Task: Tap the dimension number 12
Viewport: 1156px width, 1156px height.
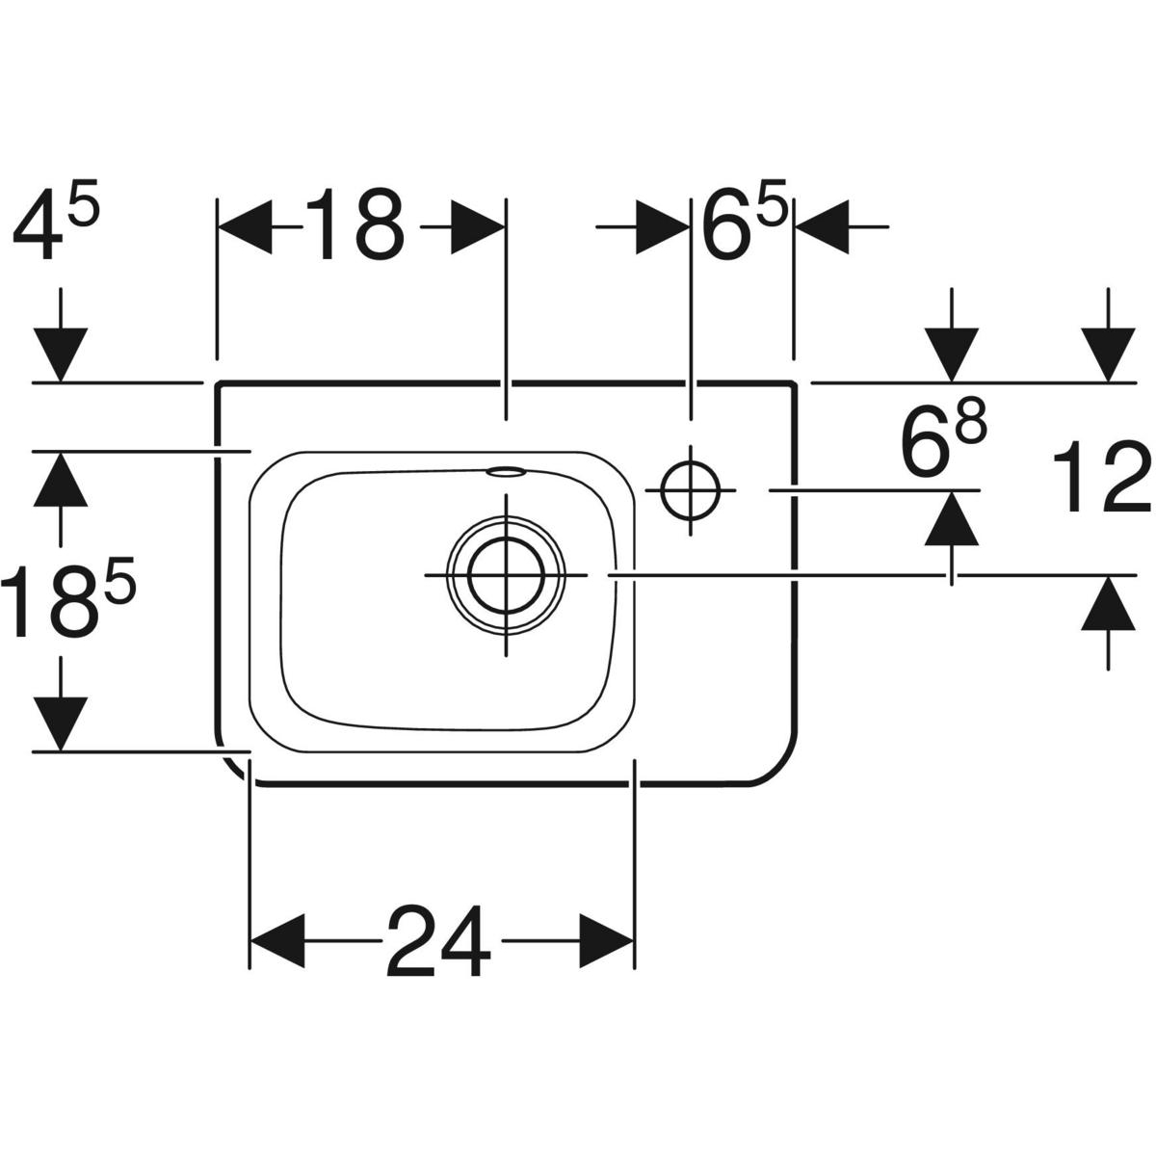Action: tap(1102, 477)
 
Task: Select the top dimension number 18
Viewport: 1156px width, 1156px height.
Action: tap(355, 224)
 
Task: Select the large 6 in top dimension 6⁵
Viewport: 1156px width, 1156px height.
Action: tap(727, 224)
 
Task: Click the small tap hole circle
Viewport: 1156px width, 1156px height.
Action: tap(691, 490)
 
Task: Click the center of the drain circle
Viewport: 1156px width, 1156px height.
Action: tap(507, 575)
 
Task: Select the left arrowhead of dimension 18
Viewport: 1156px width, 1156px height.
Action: tap(245, 227)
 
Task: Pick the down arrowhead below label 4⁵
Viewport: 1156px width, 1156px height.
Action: tap(61, 354)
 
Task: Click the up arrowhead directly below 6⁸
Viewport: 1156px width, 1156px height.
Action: tap(952, 518)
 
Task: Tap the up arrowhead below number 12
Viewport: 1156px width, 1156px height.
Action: tap(1108, 603)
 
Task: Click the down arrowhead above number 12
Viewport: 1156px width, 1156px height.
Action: tap(1108, 354)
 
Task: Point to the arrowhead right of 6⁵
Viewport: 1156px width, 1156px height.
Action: tap(822, 227)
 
